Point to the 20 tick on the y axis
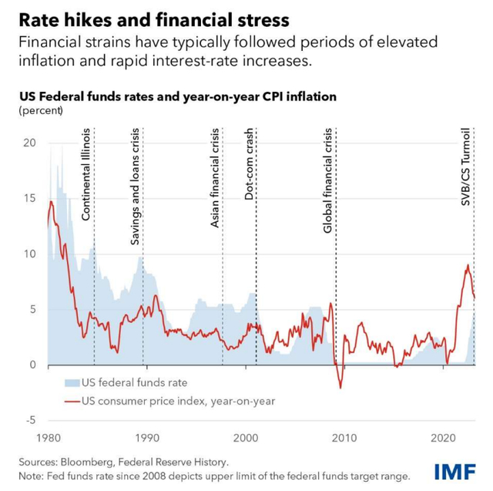31,143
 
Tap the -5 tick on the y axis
31,420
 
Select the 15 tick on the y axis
31,199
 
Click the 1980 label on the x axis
48,437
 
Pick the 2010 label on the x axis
344,437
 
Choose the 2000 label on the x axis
245,437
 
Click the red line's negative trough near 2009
340,387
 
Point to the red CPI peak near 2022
468,265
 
